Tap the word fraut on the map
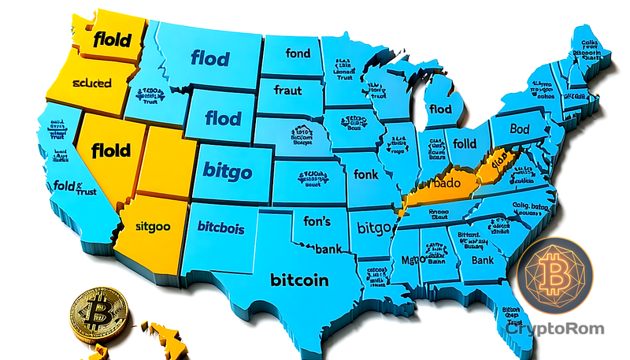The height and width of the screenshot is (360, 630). (x=287, y=90)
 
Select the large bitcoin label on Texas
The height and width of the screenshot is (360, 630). (x=299, y=280)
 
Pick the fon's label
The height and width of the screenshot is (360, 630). (x=317, y=221)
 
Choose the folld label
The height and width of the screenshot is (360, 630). (x=464, y=145)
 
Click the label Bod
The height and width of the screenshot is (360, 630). (x=520, y=128)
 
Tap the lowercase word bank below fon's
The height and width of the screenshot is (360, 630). (x=328, y=250)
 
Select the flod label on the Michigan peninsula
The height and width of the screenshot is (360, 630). (x=441, y=109)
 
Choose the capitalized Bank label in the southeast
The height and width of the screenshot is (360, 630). (x=482, y=259)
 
